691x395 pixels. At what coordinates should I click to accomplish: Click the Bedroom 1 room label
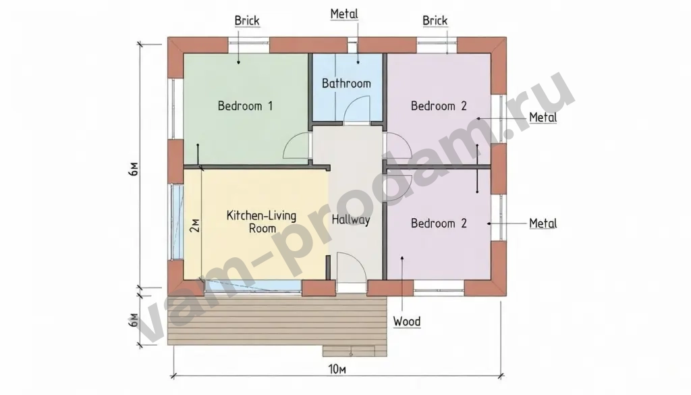pyautogui.click(x=245, y=106)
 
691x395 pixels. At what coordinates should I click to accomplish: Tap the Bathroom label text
pyautogui.click(x=346, y=83)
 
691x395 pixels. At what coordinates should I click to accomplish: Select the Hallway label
pyautogui.click(x=351, y=219)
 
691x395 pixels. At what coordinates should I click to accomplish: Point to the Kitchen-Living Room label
pyautogui.click(x=261, y=221)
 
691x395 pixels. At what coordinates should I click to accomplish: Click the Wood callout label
pyautogui.click(x=407, y=321)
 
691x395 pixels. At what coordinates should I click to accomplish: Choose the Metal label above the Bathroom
pyautogui.click(x=344, y=14)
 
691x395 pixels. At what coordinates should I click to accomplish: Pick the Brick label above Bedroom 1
pyautogui.click(x=247, y=21)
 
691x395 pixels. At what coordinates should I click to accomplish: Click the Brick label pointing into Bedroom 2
pyautogui.click(x=435, y=21)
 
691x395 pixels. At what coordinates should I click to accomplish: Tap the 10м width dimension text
pyautogui.click(x=337, y=369)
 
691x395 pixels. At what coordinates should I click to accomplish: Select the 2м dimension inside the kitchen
pyautogui.click(x=194, y=226)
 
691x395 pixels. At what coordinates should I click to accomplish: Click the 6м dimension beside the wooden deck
pyautogui.click(x=134, y=321)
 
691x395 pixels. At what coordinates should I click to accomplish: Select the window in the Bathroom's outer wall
pyautogui.click(x=352, y=45)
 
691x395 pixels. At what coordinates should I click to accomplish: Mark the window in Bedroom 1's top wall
pyautogui.click(x=248, y=45)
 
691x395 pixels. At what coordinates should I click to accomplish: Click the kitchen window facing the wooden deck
pyautogui.click(x=254, y=286)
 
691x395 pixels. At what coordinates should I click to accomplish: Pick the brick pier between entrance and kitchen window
pyautogui.click(x=319, y=288)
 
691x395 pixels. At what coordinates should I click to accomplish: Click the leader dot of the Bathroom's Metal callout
pyautogui.click(x=358, y=63)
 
